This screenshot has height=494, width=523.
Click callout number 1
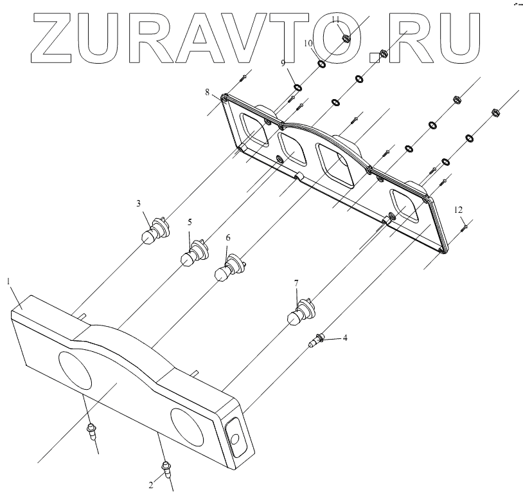click(9, 281)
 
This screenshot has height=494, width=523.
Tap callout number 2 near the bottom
click(152, 484)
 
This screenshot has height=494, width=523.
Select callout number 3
click(138, 203)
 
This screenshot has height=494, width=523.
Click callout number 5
click(190, 222)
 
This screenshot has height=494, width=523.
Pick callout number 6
click(227, 237)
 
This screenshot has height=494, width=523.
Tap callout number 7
click(296, 282)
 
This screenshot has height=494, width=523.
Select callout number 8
click(208, 92)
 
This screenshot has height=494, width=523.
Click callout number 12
click(457, 210)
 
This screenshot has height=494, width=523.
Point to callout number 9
click(282, 62)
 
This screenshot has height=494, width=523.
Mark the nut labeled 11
click(344, 37)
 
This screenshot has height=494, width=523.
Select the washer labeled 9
click(298, 87)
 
